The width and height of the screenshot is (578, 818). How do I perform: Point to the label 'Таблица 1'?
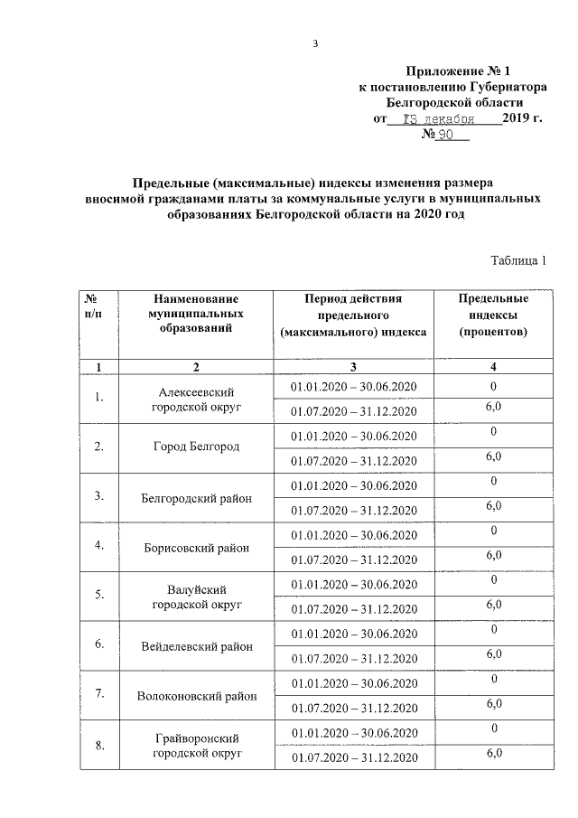(518, 261)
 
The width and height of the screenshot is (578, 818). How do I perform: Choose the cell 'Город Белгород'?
(196, 447)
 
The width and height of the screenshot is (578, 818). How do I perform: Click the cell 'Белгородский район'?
(196, 498)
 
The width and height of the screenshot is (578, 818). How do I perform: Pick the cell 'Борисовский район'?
(196, 548)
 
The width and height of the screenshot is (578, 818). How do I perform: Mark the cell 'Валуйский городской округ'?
(196, 596)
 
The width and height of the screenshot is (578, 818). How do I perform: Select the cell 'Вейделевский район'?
(196, 646)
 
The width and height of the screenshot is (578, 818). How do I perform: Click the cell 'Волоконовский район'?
(196, 696)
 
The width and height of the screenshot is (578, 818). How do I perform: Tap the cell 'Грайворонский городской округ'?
(196, 745)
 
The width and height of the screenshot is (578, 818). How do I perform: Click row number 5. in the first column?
(99, 595)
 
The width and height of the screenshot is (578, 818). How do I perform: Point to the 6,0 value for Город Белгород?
(494, 456)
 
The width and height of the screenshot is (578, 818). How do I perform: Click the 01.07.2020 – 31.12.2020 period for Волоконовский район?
(353, 708)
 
